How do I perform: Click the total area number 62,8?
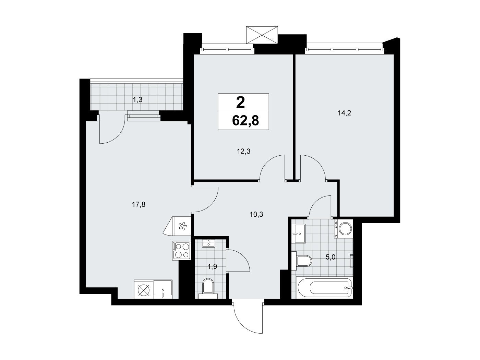tap(245, 120)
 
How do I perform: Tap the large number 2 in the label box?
tap(241, 103)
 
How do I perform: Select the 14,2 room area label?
tap(344, 113)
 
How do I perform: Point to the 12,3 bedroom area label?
tap(244, 151)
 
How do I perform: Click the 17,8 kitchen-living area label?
tap(139, 205)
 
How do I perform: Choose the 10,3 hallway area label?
tap(256, 214)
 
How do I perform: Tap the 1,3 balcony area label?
tap(138, 100)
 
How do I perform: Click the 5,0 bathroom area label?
tap(331, 257)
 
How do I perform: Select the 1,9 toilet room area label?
tap(212, 266)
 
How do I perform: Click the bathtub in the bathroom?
tap(324, 288)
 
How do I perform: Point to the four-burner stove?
tap(181, 251)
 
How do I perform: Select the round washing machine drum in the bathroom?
tap(345, 228)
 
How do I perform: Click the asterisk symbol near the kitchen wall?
tap(182, 226)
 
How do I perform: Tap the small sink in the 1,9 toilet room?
tap(208, 243)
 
